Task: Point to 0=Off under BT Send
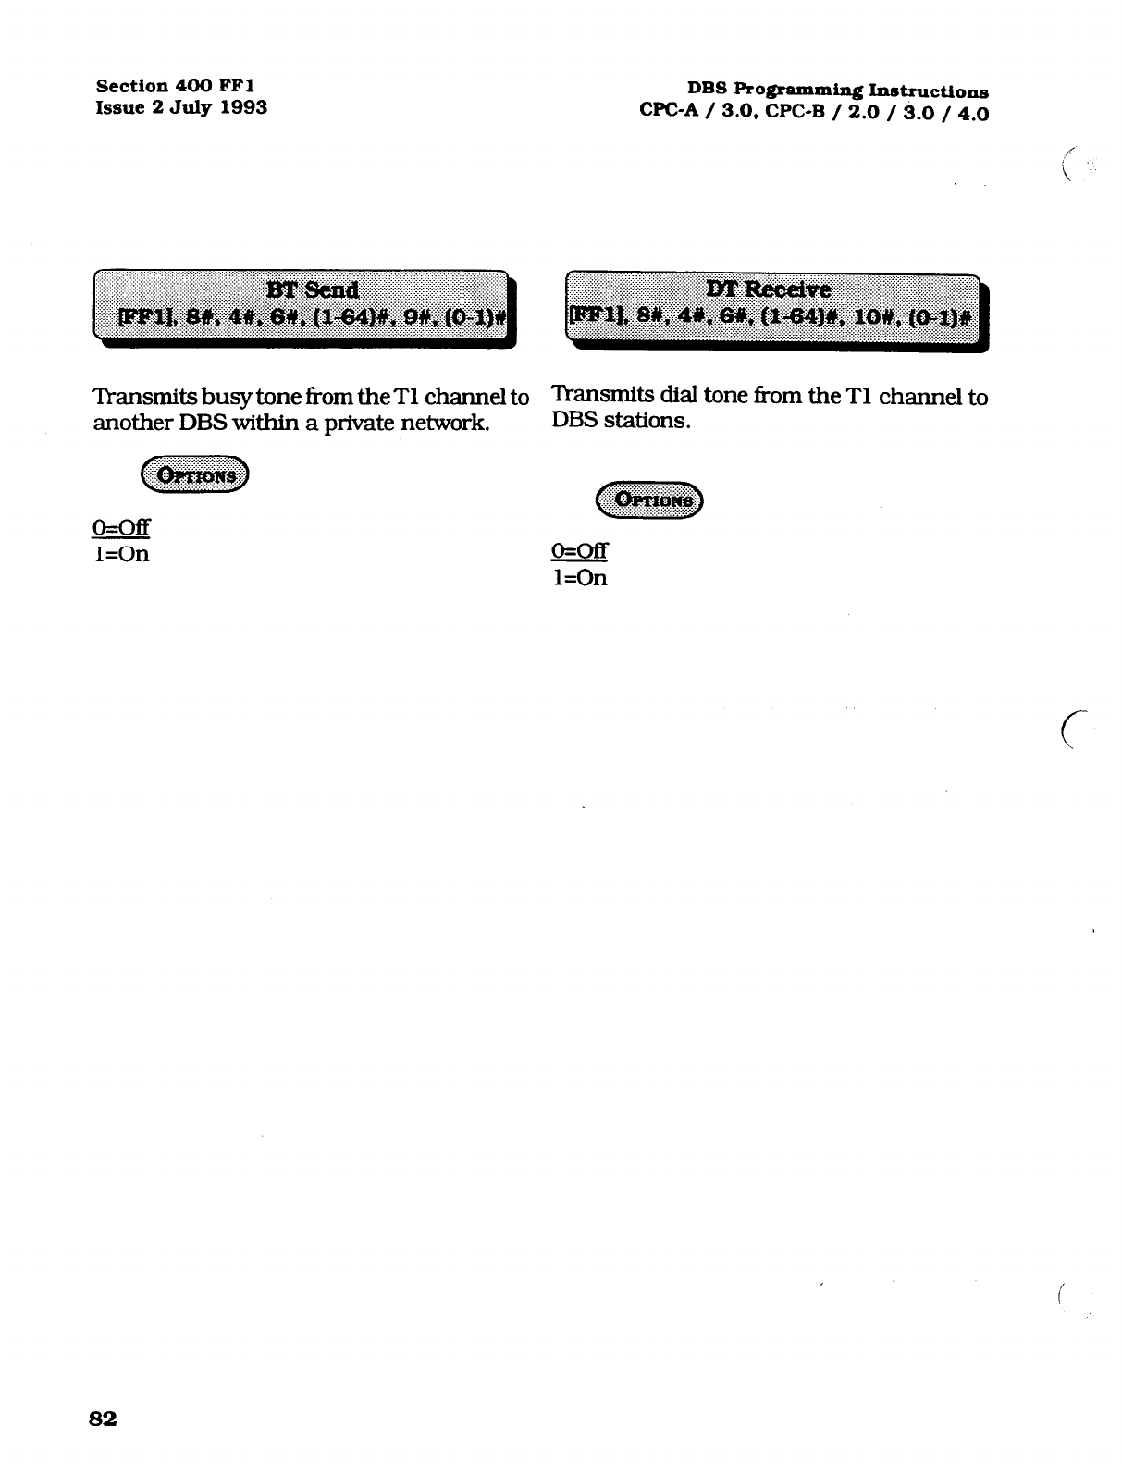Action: click(x=121, y=528)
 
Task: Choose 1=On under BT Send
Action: click(x=121, y=554)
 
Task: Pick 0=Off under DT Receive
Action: click(x=579, y=551)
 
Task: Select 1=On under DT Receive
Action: click(x=580, y=578)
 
